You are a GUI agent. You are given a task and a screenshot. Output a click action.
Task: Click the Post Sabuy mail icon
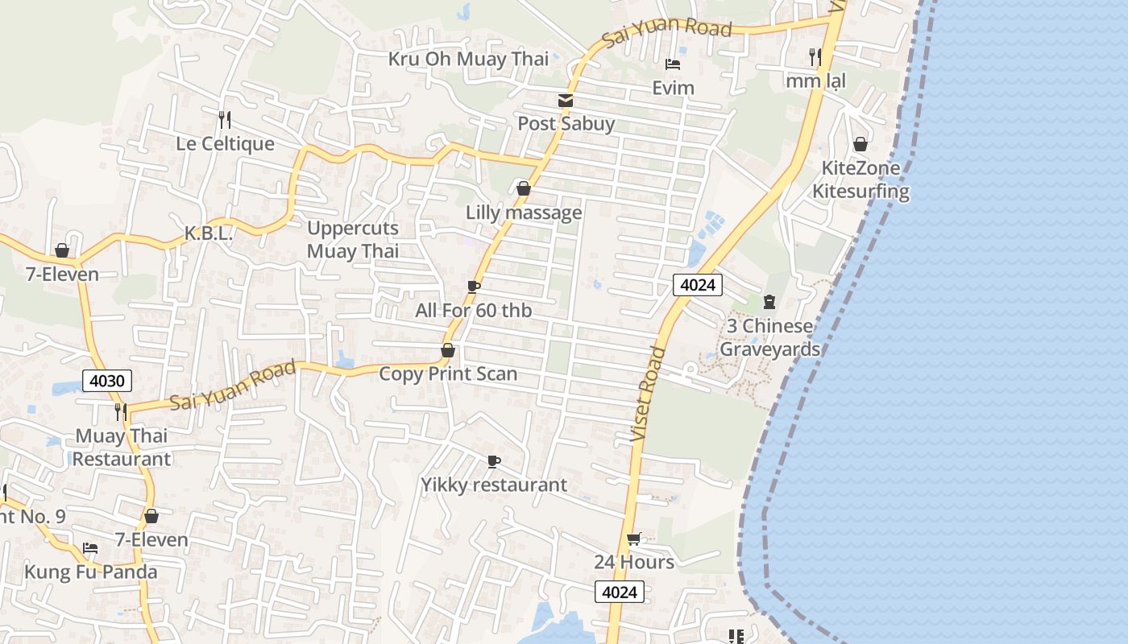pyautogui.click(x=566, y=101)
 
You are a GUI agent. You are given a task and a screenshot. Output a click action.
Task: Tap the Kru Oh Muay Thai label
pyautogui.click(x=468, y=59)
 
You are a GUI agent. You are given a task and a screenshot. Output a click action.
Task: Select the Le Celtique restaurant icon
pyautogui.click(x=225, y=121)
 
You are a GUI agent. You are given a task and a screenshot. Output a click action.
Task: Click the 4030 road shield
pyautogui.click(x=106, y=381)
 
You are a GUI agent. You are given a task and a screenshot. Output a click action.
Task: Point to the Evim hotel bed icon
pyautogui.click(x=673, y=64)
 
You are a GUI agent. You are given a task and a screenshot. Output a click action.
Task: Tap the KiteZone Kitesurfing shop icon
pyautogui.click(x=861, y=145)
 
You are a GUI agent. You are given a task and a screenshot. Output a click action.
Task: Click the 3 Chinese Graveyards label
pyautogui.click(x=769, y=337)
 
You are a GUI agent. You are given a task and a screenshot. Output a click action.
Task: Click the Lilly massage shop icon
pyautogui.click(x=524, y=189)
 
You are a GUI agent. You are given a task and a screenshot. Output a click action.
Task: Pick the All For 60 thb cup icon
pyautogui.click(x=474, y=287)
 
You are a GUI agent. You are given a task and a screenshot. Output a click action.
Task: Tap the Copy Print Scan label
pyautogui.click(x=448, y=374)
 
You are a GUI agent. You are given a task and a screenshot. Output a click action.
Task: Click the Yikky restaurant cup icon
pyautogui.click(x=494, y=461)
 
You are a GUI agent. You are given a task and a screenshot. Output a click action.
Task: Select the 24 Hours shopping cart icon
pyautogui.click(x=634, y=539)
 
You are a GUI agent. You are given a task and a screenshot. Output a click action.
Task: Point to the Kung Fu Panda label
pyautogui.click(x=90, y=572)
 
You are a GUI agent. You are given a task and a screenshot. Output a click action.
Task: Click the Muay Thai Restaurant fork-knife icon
pyautogui.click(x=121, y=412)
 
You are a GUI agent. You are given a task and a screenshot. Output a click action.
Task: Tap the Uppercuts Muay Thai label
pyautogui.click(x=353, y=239)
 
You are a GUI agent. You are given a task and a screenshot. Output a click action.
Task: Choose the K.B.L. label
pyautogui.click(x=209, y=234)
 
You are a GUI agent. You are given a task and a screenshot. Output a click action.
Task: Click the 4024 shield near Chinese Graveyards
pyautogui.click(x=698, y=284)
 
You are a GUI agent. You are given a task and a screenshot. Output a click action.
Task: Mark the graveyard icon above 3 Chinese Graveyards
pyautogui.click(x=769, y=302)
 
